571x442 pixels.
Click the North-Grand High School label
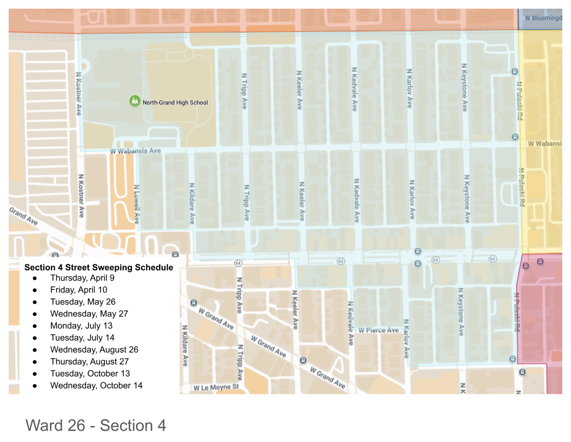point(175,102)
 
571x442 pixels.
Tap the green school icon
point(134,101)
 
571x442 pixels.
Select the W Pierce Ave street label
point(379,330)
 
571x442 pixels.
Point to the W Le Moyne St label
point(216,387)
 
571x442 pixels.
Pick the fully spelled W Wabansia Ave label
point(135,152)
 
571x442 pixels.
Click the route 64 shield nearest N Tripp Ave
point(238,263)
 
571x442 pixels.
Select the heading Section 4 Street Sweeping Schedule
point(99,267)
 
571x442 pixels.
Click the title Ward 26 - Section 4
point(96,425)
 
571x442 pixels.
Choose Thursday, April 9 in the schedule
point(82,278)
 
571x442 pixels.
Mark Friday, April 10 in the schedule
point(78,290)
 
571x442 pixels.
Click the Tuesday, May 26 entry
point(83,302)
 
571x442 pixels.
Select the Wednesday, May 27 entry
point(89,314)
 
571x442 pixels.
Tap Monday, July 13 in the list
point(81,326)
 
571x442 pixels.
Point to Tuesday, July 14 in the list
point(82,337)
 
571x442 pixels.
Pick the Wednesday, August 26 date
point(94,349)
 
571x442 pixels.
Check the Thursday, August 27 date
point(89,361)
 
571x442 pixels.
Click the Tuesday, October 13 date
point(90,373)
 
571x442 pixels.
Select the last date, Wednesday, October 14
point(96,385)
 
